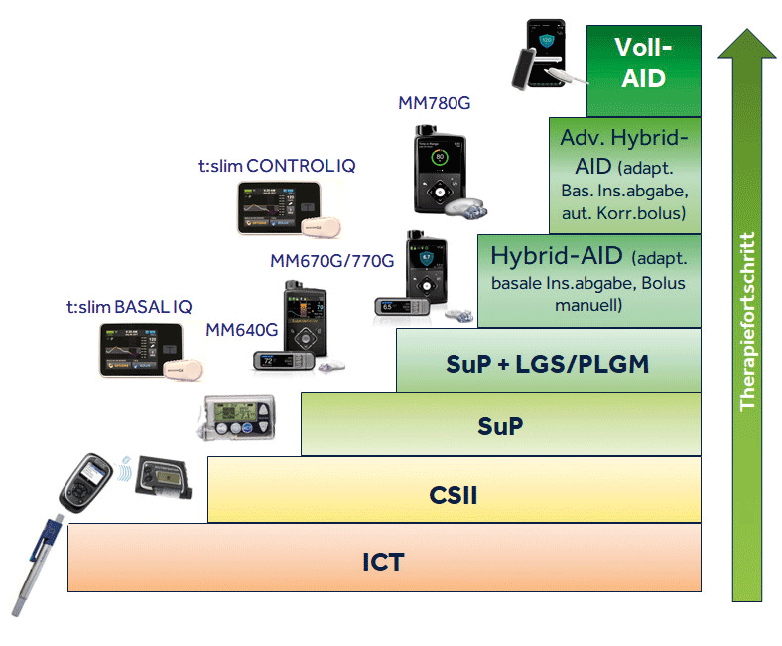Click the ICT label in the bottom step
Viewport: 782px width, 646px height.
[382, 562]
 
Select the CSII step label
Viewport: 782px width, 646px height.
[454, 493]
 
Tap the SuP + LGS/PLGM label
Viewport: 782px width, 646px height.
[548, 364]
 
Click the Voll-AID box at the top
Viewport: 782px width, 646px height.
[643, 64]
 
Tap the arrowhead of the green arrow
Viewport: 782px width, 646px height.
[748, 45]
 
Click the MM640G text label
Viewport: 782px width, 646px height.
[242, 329]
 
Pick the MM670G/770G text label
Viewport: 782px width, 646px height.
[332, 261]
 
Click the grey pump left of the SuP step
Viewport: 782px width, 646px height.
[241, 418]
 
